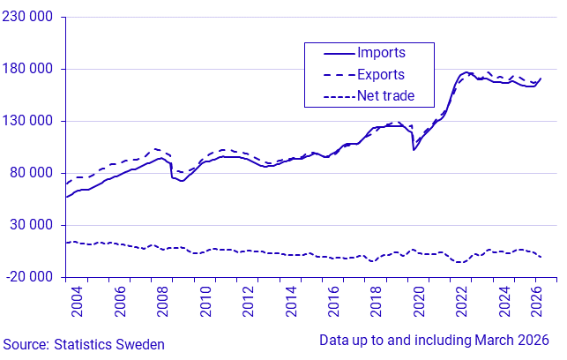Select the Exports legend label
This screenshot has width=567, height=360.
tap(381, 74)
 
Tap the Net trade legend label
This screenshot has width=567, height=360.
tap(385, 94)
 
